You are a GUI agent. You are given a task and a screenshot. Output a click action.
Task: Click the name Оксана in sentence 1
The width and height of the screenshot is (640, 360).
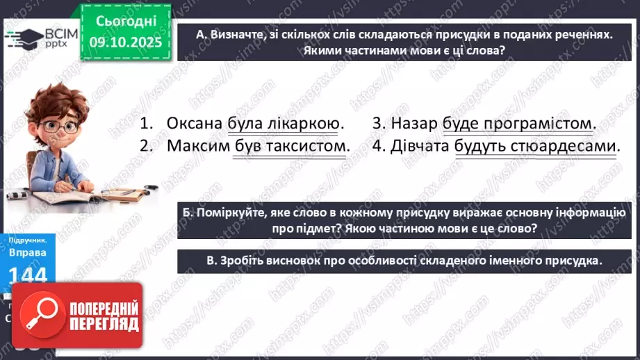[x=195, y=124]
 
